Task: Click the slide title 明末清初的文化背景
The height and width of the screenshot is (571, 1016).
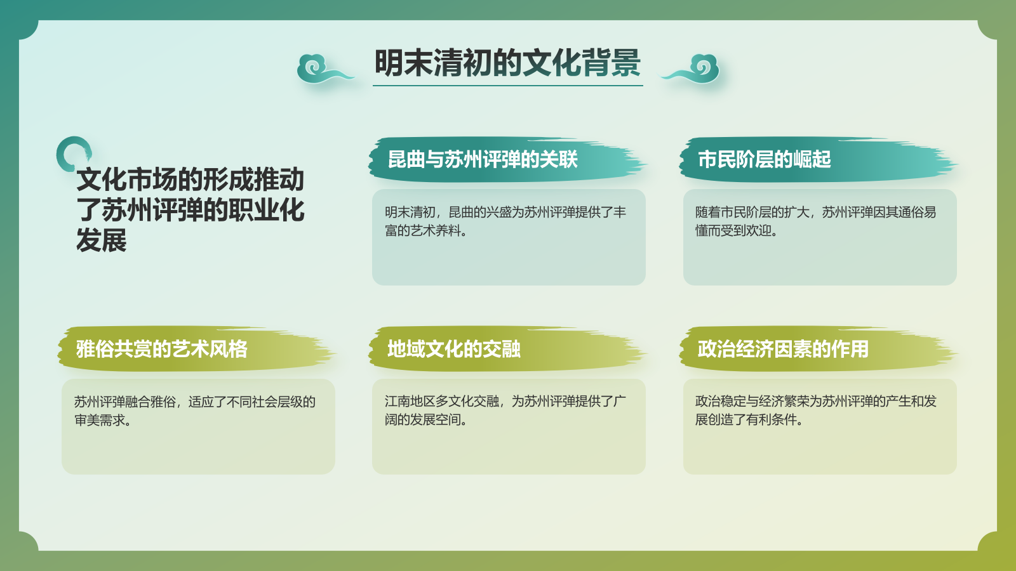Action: (507, 63)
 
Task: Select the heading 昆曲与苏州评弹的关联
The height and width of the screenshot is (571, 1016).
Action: (483, 159)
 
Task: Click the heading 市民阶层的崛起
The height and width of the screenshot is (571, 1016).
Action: (764, 159)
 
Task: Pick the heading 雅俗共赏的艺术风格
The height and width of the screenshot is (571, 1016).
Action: (162, 349)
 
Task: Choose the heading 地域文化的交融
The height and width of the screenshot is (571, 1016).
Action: (454, 349)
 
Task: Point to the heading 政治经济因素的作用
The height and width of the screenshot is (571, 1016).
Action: (783, 349)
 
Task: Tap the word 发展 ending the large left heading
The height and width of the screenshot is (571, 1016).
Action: (102, 240)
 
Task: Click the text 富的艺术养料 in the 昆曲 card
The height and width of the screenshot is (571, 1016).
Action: (423, 231)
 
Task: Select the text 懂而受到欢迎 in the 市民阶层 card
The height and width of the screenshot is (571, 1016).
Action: (733, 231)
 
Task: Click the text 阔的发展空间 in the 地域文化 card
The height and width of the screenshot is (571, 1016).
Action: (423, 420)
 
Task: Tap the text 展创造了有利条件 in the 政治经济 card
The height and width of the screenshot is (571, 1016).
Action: (746, 420)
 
